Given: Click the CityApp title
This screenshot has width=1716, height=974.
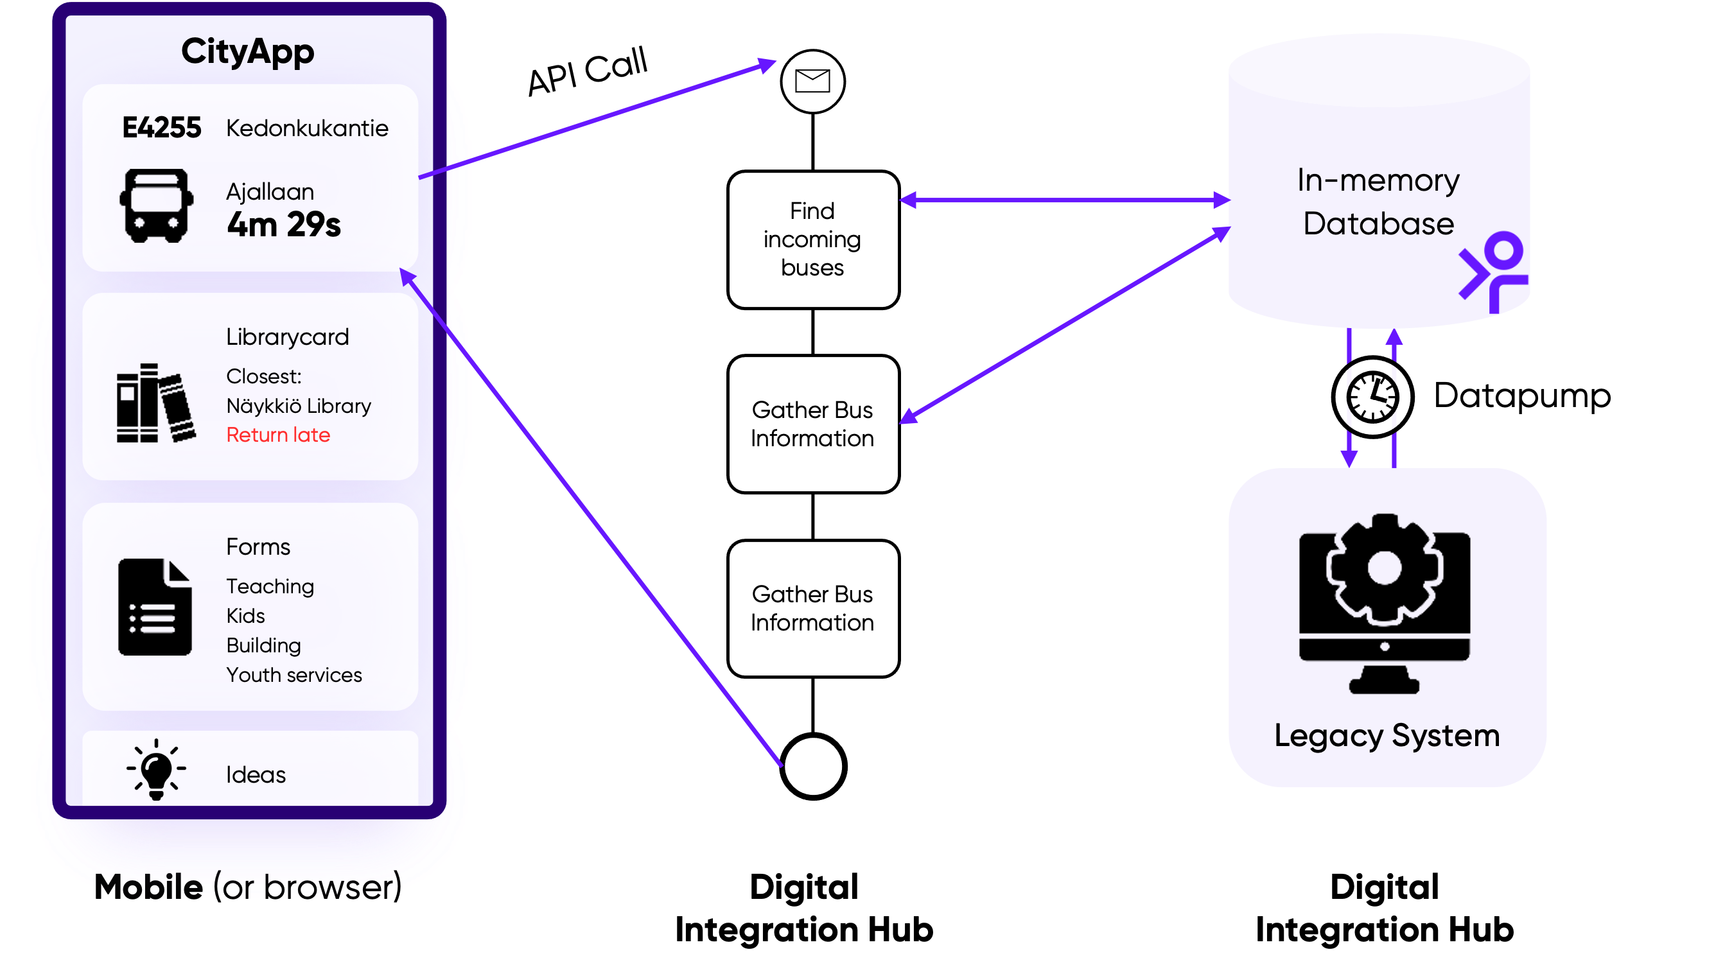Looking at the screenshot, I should [247, 51].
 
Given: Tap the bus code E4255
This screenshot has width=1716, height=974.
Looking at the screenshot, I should [161, 127].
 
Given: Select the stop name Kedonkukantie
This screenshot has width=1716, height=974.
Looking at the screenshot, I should [307, 128].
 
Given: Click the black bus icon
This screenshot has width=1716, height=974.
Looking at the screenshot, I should [157, 205].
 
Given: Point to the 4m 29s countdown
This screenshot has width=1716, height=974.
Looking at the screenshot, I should [284, 224].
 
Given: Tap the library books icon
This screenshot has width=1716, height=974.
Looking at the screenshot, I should [156, 403].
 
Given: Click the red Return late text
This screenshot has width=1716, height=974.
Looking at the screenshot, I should [277, 435].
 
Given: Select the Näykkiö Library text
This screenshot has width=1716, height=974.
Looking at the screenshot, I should [299, 405].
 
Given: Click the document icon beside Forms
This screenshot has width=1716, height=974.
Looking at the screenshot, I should [155, 607].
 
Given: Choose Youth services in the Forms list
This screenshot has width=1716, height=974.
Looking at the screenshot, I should [293, 674].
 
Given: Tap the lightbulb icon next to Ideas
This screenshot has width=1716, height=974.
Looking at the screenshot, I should [156, 769].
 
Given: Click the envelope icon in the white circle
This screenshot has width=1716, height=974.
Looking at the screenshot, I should [812, 82].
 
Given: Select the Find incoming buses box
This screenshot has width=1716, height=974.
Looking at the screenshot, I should [813, 239].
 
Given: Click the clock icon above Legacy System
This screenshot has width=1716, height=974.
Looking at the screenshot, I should [1372, 397].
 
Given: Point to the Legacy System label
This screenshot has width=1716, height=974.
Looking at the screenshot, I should [1386, 735].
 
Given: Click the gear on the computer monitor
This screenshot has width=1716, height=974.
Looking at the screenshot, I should [1384, 570].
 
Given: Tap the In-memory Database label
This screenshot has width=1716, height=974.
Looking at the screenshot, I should [1378, 202].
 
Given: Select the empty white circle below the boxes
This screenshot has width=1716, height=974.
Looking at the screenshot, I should [813, 766].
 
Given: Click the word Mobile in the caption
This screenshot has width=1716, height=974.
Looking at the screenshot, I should [148, 887].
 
